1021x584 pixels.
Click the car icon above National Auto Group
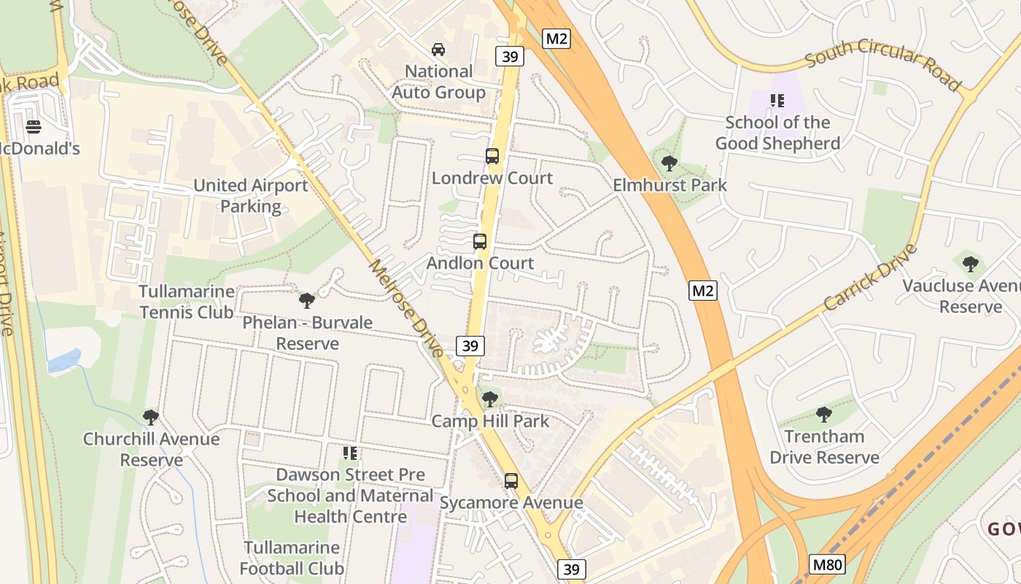(438, 50)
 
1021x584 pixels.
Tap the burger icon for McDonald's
(33, 127)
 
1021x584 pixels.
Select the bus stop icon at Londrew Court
(492, 156)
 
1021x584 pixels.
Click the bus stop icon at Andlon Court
(480, 242)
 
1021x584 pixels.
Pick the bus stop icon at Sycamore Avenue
(511, 481)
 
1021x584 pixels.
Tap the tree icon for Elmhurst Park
(669, 164)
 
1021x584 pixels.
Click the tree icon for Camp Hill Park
(490, 399)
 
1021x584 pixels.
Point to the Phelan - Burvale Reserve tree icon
(307, 300)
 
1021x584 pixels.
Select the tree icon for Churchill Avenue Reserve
(151, 418)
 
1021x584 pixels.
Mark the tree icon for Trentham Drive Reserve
(824, 415)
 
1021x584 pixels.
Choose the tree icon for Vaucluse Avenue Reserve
(970, 264)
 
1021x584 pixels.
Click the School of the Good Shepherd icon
(777, 101)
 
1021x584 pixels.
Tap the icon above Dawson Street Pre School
(350, 453)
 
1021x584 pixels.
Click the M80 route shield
(828, 564)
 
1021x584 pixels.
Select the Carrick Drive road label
(870, 277)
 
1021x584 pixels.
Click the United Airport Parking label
(251, 196)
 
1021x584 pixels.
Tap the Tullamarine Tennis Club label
(187, 301)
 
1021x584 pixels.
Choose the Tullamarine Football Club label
(292, 558)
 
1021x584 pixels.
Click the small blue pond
(64, 360)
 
